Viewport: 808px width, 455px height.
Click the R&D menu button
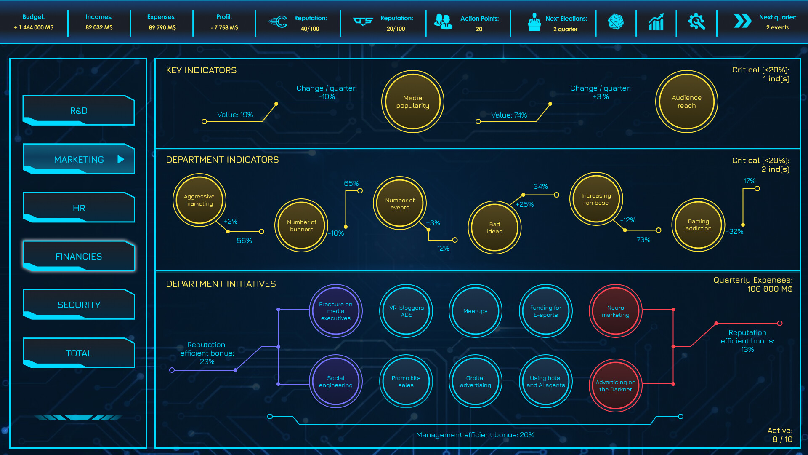tap(79, 110)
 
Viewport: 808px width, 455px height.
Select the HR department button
tap(79, 208)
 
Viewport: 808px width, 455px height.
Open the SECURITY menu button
tap(79, 305)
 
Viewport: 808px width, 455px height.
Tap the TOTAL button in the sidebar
tap(79, 353)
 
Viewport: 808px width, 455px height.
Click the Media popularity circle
tap(412, 102)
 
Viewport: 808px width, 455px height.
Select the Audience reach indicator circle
tap(686, 102)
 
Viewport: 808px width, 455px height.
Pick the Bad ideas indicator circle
tap(494, 228)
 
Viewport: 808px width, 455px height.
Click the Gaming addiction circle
tap(698, 225)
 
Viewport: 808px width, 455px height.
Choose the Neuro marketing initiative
tap(615, 311)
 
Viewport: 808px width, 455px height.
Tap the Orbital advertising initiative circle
tap(475, 381)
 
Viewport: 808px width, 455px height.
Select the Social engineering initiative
tap(335, 381)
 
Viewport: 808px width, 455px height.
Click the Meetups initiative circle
tap(475, 311)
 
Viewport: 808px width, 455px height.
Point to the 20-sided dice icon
tap(616, 22)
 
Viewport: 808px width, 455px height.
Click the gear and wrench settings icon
tap(696, 22)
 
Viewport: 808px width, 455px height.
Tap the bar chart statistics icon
tap(656, 22)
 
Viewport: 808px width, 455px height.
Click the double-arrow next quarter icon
tap(742, 21)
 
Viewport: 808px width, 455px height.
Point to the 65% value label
tap(351, 183)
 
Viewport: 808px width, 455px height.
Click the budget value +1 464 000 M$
tap(34, 27)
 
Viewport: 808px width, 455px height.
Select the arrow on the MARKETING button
tap(121, 159)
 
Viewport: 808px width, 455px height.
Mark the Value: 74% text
tap(509, 115)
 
